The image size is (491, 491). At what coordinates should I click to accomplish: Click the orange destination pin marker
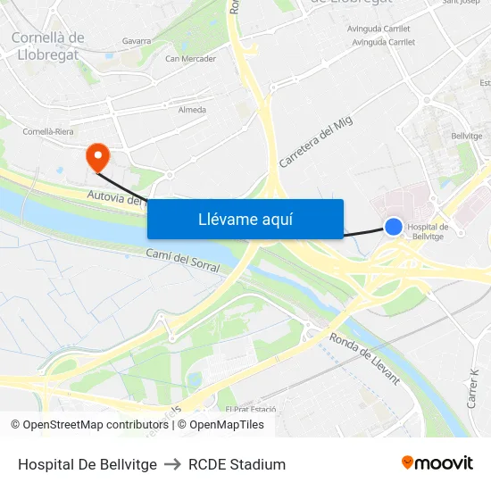click(96, 157)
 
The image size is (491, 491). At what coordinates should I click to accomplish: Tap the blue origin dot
click(393, 227)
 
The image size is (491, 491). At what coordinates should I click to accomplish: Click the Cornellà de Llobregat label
click(47, 46)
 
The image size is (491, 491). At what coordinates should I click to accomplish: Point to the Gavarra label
click(137, 41)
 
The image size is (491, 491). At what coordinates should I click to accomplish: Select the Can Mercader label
click(190, 59)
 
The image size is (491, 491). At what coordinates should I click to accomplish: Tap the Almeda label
click(192, 111)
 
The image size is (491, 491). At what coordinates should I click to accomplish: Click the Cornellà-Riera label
click(47, 131)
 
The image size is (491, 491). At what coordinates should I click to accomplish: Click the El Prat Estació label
click(251, 410)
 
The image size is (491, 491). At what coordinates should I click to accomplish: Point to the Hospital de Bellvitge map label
click(427, 231)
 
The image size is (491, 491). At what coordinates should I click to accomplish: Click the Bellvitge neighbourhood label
click(467, 136)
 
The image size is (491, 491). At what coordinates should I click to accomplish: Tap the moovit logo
click(437, 463)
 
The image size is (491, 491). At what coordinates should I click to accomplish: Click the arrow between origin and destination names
click(172, 464)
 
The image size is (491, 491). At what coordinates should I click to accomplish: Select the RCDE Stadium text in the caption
click(237, 464)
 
